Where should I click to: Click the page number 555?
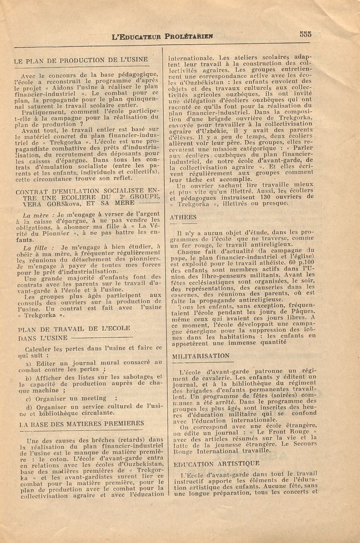tap(305, 34)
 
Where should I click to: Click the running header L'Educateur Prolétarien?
tap(162, 36)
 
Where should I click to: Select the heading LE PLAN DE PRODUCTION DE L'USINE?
tap(81, 61)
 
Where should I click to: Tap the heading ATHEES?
tap(183, 217)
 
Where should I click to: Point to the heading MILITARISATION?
tap(201, 356)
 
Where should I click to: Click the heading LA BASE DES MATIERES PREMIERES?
tap(81, 423)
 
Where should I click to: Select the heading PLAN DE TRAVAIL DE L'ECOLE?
tap(74, 329)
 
